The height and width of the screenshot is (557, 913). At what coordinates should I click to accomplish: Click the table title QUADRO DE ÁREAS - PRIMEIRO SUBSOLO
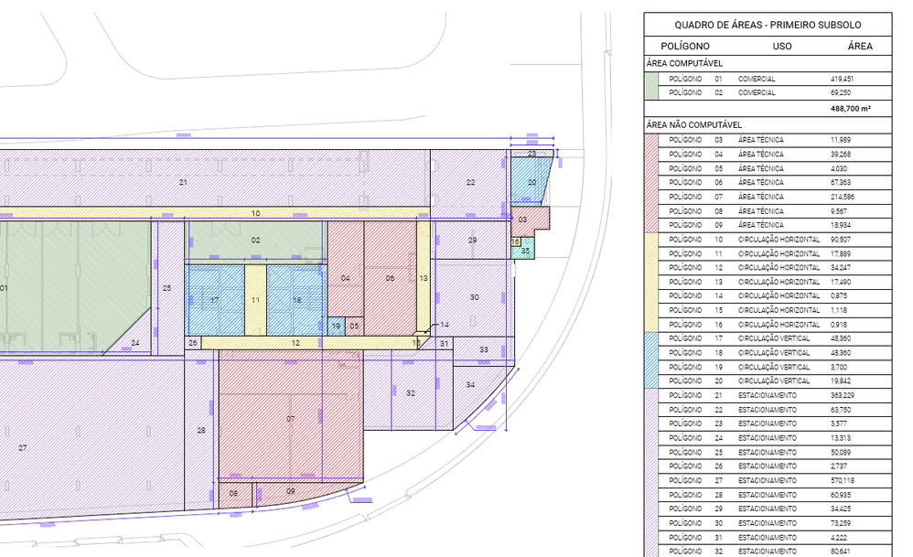pyautogui.click(x=768, y=25)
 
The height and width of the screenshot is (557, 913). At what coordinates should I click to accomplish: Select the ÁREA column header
pyautogui.click(x=860, y=46)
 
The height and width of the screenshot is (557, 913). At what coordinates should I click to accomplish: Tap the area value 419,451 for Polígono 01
pyautogui.click(x=842, y=79)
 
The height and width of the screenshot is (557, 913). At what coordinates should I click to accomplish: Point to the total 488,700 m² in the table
pyautogui.click(x=851, y=108)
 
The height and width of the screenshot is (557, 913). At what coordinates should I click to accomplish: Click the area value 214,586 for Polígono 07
pyautogui.click(x=843, y=197)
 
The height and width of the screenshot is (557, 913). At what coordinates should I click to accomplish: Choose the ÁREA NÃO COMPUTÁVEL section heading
pyautogui.click(x=694, y=124)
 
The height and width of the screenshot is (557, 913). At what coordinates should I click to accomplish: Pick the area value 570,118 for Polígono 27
pyautogui.click(x=843, y=481)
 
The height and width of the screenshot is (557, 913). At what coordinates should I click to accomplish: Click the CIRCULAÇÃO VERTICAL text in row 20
pyautogui.click(x=774, y=381)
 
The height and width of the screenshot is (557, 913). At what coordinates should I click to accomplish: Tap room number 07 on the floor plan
pyautogui.click(x=291, y=419)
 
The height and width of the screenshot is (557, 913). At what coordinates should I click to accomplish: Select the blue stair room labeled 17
pyautogui.click(x=215, y=300)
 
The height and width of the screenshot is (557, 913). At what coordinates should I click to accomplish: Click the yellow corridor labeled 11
pyautogui.click(x=255, y=300)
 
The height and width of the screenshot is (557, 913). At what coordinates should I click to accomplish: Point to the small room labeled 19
pyautogui.click(x=336, y=326)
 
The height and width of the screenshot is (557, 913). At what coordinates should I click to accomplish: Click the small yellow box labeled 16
pyautogui.click(x=515, y=241)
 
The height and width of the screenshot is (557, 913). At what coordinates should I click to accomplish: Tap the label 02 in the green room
pyautogui.click(x=255, y=241)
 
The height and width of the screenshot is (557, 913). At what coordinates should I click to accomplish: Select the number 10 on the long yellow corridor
pyautogui.click(x=255, y=214)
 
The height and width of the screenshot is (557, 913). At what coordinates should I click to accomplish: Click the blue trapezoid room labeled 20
pyautogui.click(x=530, y=180)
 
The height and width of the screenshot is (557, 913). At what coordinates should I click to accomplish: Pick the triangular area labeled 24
pyautogui.click(x=134, y=340)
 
